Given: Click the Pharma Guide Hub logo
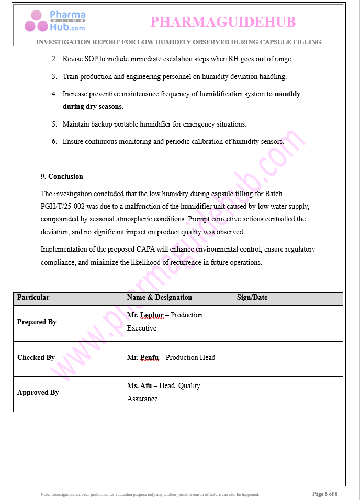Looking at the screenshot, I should [x=55, y=21].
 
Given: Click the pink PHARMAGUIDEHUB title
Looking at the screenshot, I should [x=223, y=22].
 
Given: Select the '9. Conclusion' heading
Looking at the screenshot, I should [x=62, y=176].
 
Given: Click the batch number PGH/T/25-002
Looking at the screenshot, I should [x=61, y=206].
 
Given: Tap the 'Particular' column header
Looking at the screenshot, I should [x=33, y=298].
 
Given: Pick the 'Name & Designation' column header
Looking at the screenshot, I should [x=160, y=298].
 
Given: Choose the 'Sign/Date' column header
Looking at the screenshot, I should [x=252, y=298].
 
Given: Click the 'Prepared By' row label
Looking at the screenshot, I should [x=37, y=322].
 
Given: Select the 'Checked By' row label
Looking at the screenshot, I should [x=36, y=358].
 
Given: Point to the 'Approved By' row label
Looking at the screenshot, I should [x=38, y=393].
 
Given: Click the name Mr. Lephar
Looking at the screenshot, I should [x=145, y=315].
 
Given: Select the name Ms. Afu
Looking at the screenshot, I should [x=139, y=386].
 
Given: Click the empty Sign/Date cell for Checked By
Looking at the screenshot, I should [x=288, y=358].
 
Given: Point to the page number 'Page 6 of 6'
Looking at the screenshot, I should [x=325, y=494].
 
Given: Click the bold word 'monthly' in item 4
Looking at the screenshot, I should [x=287, y=94].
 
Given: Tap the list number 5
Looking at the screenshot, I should [x=54, y=124].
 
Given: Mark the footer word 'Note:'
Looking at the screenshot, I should [x=46, y=494].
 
